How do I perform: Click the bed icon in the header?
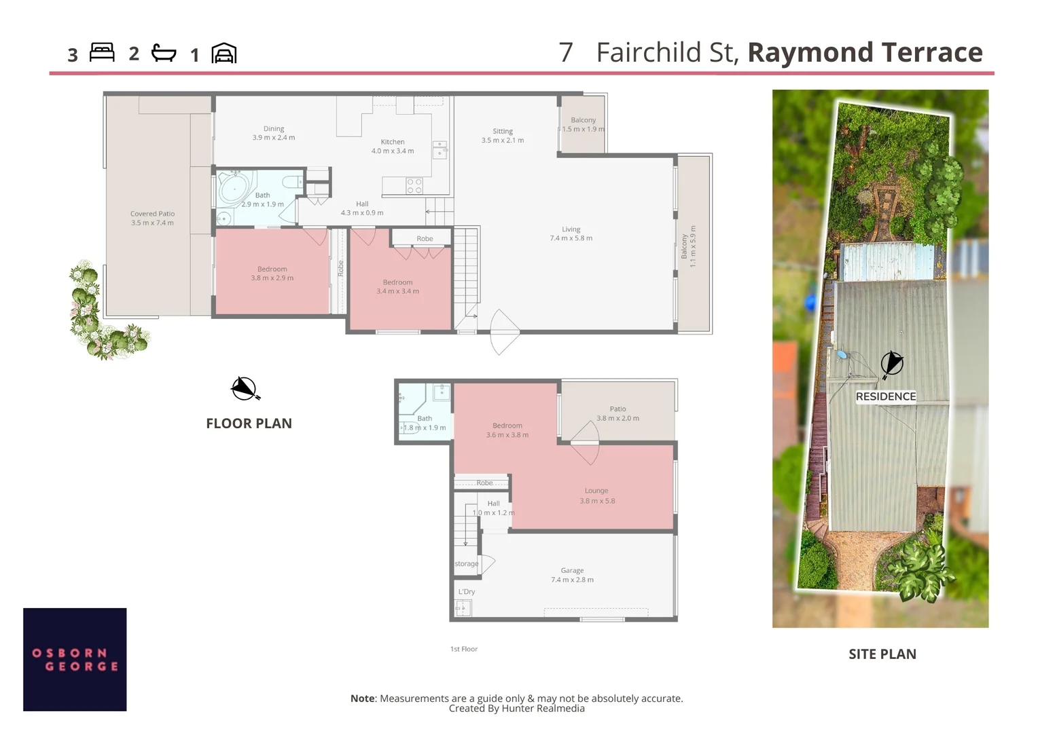pyautogui.click(x=102, y=53)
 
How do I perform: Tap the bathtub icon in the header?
pyautogui.click(x=164, y=53)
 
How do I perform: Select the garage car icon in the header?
pyautogui.click(x=224, y=53)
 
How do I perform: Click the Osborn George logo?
pyautogui.click(x=75, y=659)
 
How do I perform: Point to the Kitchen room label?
pyautogui.click(x=393, y=143)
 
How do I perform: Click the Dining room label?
pyautogui.click(x=274, y=129)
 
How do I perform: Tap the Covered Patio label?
pyautogui.click(x=152, y=214)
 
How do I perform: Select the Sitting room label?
pyautogui.click(x=503, y=132)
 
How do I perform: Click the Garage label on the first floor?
pyautogui.click(x=572, y=571)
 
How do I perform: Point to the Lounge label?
pyautogui.click(x=596, y=491)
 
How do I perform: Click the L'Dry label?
pyautogui.click(x=467, y=592)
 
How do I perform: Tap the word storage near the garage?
pyautogui.click(x=467, y=564)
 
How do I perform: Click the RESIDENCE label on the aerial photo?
pyautogui.click(x=886, y=396)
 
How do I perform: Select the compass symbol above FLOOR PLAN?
pyautogui.click(x=245, y=389)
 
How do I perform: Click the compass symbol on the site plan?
pyautogui.click(x=892, y=364)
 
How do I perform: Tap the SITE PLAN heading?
pyautogui.click(x=882, y=654)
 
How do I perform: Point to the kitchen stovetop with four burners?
pyautogui.click(x=414, y=186)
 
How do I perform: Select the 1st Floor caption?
pyautogui.click(x=464, y=650)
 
